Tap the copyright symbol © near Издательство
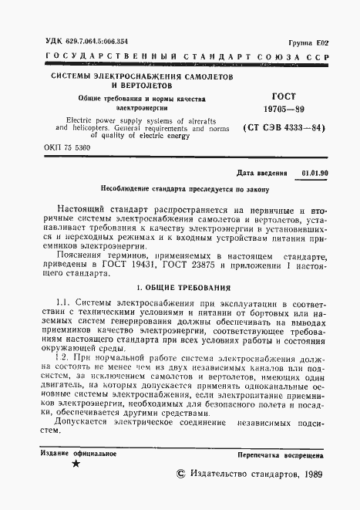[182, 478]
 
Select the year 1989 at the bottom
[310, 478]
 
